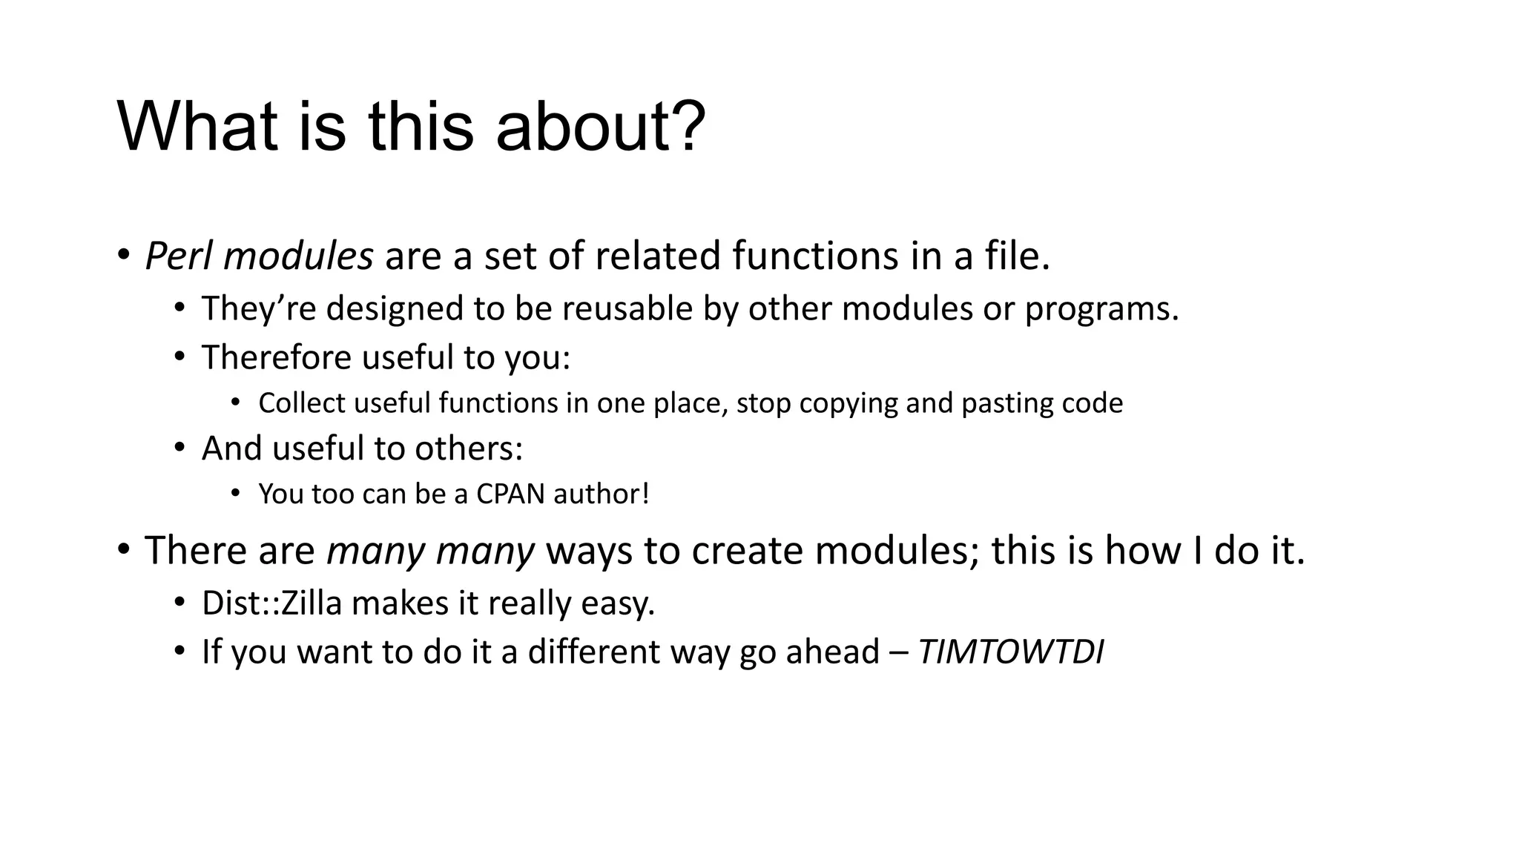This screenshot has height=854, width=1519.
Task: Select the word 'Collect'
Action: (301, 403)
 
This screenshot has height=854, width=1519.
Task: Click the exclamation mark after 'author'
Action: (645, 494)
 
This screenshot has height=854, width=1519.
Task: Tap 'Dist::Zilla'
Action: (271, 603)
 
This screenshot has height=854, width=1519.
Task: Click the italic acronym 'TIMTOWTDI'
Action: (1010, 652)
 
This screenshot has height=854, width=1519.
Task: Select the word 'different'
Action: (593, 652)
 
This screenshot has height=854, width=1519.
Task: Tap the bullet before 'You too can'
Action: (235, 493)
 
